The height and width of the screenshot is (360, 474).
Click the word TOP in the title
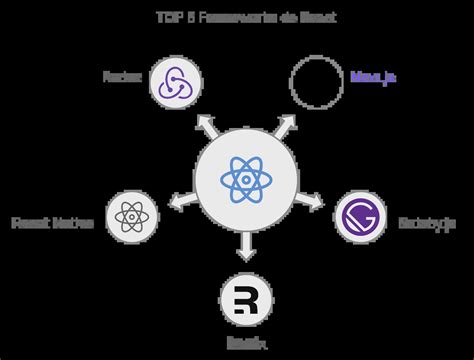pyautogui.click(x=167, y=18)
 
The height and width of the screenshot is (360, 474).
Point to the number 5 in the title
pyautogui.click(x=187, y=18)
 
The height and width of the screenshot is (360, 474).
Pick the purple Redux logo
pyautogui.click(x=175, y=81)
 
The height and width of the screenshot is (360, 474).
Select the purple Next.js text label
pyautogui.click(x=373, y=78)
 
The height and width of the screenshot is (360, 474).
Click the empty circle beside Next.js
pyautogui.click(x=316, y=81)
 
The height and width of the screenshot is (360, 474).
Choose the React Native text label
pyautogui.click(x=52, y=222)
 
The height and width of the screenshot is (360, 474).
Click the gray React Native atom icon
pyautogui.click(x=132, y=217)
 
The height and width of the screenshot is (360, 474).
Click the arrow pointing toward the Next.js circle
pyautogui.click(x=284, y=125)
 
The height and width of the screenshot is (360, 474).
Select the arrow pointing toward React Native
pyautogui.click(x=179, y=202)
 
